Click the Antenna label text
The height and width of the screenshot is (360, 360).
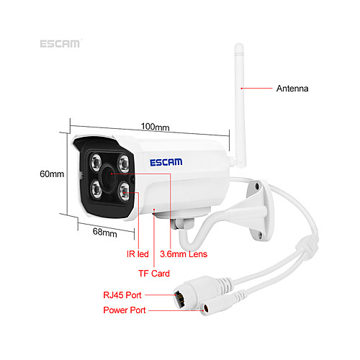point(292,89)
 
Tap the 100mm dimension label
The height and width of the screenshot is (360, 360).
point(155,127)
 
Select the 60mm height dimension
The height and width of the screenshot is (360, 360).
point(52,174)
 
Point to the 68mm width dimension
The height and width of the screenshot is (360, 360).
point(105,233)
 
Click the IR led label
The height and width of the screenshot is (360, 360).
point(138,254)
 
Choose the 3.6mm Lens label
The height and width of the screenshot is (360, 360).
point(184,254)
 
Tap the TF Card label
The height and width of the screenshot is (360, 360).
point(154,274)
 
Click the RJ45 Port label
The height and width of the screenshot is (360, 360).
point(122,295)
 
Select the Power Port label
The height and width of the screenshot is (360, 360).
point(125,310)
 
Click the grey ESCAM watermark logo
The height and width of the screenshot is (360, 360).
point(60,44)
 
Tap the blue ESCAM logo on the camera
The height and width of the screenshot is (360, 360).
point(166,162)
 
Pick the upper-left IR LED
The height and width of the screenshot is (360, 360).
point(96,162)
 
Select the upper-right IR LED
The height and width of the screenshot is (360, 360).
point(124,163)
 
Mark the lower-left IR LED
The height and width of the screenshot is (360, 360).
point(96,189)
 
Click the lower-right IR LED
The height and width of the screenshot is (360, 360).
point(125,192)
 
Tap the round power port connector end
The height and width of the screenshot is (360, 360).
point(204,309)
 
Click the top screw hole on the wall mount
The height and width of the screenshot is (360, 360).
point(257,186)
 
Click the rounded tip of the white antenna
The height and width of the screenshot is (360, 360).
point(239,46)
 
